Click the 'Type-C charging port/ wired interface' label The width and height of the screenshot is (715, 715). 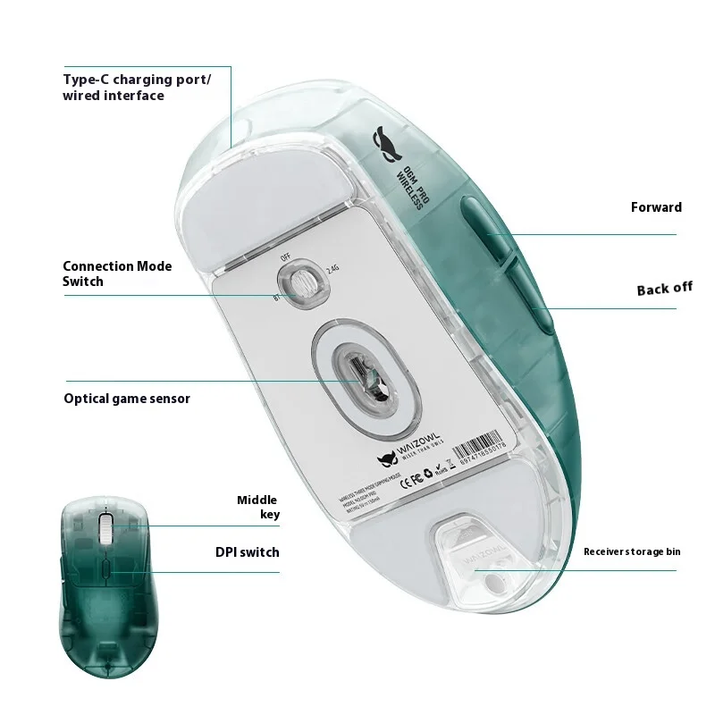pos(137,87)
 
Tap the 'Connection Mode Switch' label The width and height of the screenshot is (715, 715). pos(117,273)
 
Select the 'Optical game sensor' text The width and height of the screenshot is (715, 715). pos(127,399)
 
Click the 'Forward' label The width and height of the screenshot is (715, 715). pos(656,207)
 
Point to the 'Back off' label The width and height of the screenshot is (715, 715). pos(664,289)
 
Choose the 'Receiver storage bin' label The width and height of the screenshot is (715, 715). pos(632,551)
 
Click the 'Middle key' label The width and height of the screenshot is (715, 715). pos(257,507)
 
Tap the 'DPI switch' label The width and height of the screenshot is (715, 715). pos(246,552)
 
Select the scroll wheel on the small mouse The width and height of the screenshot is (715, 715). pos(105,529)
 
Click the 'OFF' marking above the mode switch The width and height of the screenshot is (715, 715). pos(286,257)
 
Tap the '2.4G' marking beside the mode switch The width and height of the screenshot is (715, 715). pos(332,267)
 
